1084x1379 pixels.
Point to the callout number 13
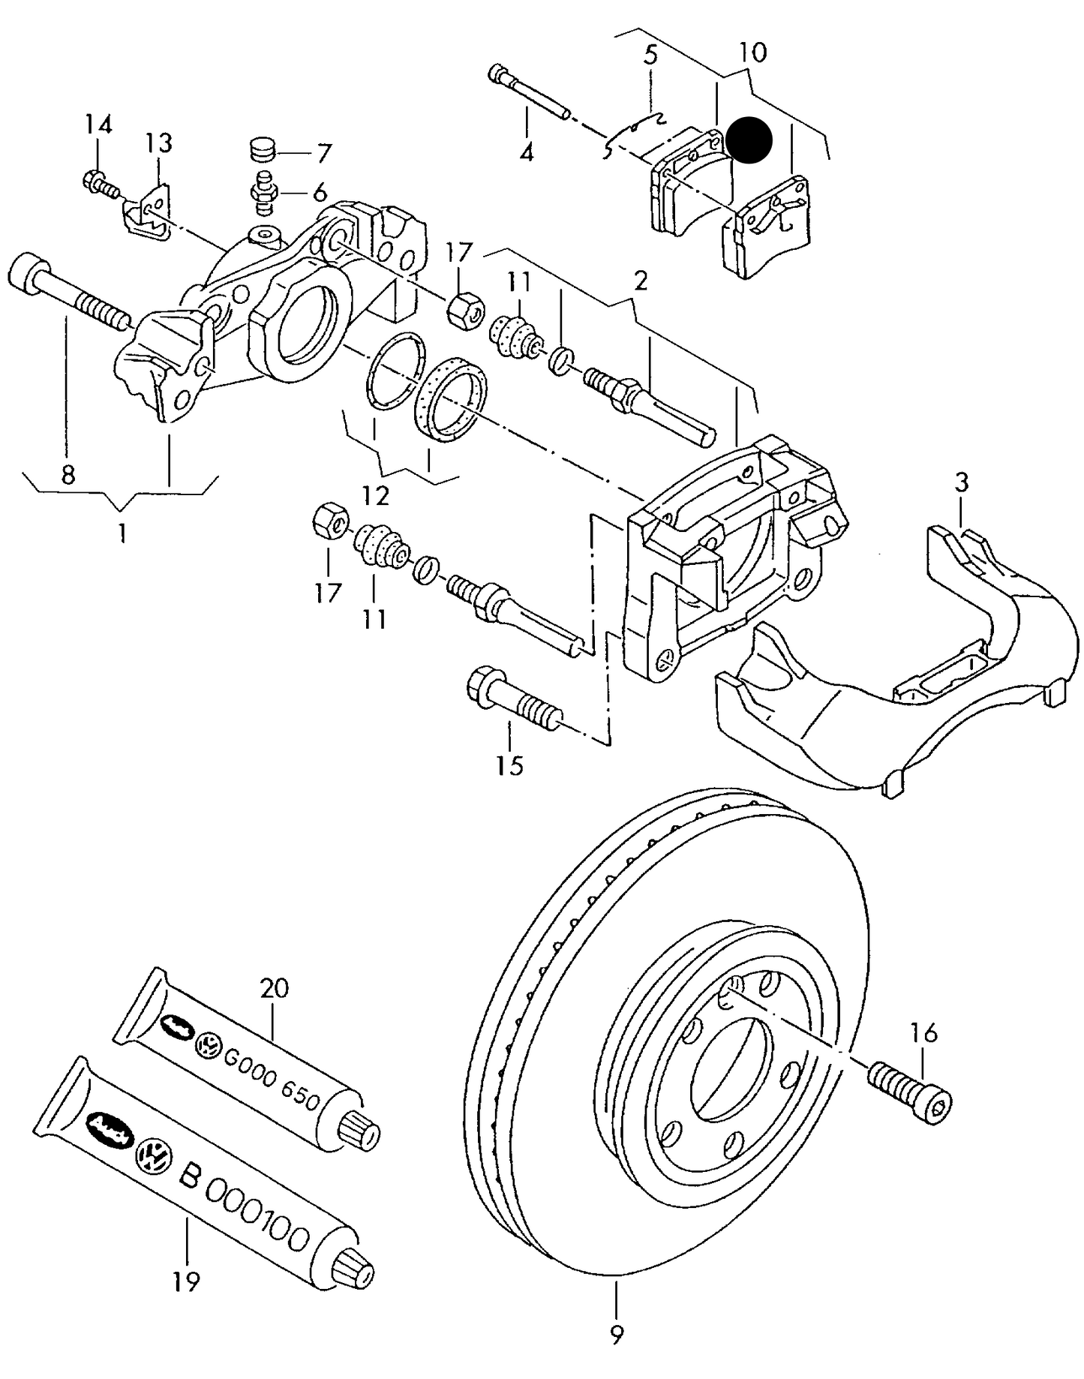(x=159, y=142)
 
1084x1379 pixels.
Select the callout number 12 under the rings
(x=375, y=495)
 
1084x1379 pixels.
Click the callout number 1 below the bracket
(x=121, y=533)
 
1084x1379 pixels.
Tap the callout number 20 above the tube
(x=274, y=987)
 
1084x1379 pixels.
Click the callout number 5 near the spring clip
(x=650, y=54)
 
